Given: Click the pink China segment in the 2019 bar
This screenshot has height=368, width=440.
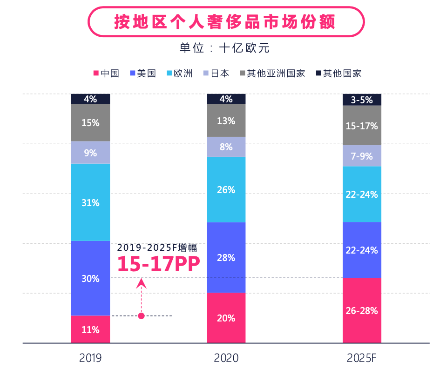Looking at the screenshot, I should [x=90, y=329].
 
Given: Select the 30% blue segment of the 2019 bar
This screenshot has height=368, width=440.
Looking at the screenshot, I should [x=90, y=278].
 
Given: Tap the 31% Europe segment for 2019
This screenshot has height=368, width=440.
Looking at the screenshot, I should [x=90, y=202].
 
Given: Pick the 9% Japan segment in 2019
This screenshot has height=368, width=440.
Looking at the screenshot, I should [x=90, y=152].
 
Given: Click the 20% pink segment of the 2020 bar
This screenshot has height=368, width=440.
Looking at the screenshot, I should [x=226, y=318].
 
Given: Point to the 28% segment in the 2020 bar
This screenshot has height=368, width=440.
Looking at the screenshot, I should [x=226, y=257].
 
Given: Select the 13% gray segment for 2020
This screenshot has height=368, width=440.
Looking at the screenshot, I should [x=226, y=120].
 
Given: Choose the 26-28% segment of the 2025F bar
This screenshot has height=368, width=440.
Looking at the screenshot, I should [x=362, y=310].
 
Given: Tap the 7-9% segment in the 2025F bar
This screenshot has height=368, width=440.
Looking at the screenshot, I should [x=362, y=156].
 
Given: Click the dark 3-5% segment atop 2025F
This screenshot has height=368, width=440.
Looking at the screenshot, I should [x=362, y=100].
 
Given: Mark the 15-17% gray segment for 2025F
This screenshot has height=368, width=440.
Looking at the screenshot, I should [x=362, y=126].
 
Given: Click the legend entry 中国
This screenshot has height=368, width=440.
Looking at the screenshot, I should [x=107, y=73].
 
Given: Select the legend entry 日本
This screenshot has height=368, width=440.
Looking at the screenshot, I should [x=217, y=73].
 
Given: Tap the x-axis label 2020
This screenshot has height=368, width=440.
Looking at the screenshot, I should [x=226, y=358].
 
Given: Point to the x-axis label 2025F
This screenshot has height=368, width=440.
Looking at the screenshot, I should [x=362, y=358].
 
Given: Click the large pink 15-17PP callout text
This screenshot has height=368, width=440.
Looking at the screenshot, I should [x=158, y=264].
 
